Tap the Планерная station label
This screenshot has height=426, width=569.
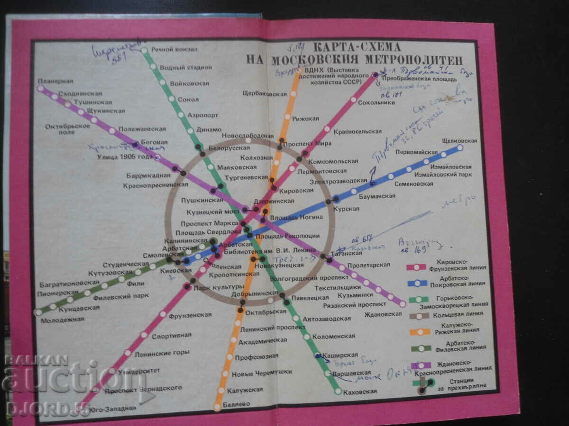pyautogui.click(x=56, y=80)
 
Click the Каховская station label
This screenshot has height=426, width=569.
pyautogui.click(x=361, y=391)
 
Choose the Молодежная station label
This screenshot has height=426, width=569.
pyautogui.click(x=62, y=319)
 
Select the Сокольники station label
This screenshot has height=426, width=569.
pyautogui.click(x=376, y=102)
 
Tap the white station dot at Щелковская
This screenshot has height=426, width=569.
pyautogui.click(x=459, y=148)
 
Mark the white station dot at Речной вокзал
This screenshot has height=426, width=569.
pyautogui.click(x=144, y=50)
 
